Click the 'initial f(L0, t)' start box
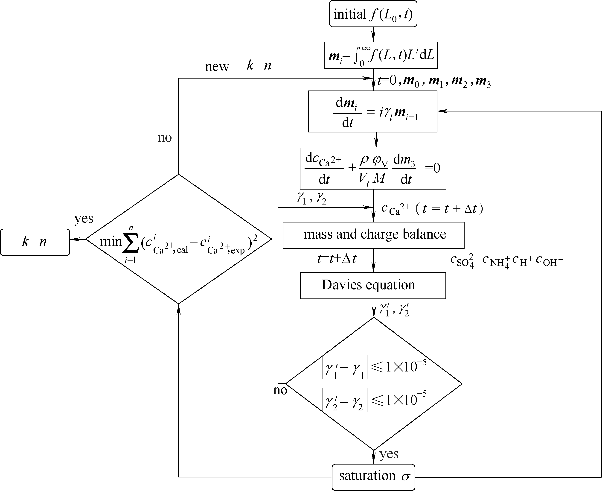(x=373, y=14)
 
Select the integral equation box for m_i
(x=381, y=55)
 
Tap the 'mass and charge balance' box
(x=373, y=235)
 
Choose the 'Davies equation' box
(x=373, y=285)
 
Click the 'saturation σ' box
(x=373, y=477)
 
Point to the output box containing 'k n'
(x=35, y=242)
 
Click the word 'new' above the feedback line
(x=217, y=67)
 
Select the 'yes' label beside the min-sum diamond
(x=84, y=218)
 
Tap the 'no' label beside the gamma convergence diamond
(x=280, y=390)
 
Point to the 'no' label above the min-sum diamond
(x=165, y=138)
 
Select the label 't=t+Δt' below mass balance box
(x=337, y=258)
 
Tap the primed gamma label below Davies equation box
(x=394, y=310)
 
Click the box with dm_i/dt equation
(x=373, y=111)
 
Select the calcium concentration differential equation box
(x=373, y=169)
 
